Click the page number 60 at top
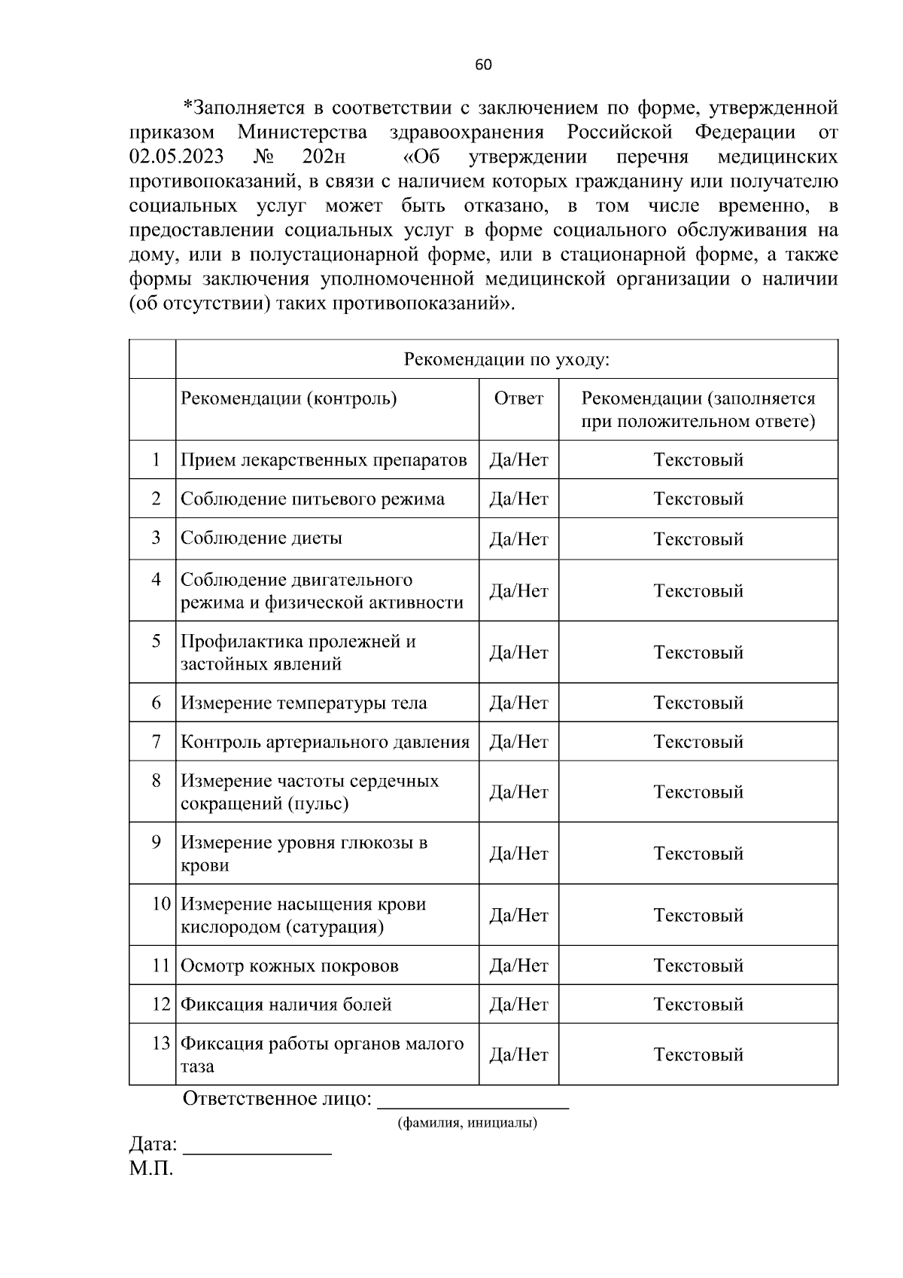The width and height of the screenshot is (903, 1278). pos(483,65)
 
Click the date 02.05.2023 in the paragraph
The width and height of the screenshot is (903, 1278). pos(176,157)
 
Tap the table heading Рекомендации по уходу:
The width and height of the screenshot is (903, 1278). pos(506,359)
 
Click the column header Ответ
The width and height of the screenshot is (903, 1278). pos(518,398)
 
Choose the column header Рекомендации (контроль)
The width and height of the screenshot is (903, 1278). pos(289,398)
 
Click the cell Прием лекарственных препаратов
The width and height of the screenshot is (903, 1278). pos(324,460)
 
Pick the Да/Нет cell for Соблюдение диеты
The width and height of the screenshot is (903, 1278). pos(518,539)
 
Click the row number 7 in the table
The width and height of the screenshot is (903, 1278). pos(156,742)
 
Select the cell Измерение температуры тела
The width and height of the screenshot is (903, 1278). pos(303,703)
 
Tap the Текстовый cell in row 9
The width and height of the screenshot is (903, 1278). pos(698,854)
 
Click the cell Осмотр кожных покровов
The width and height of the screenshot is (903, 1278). pos(289,966)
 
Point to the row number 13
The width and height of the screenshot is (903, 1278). pos(160,1044)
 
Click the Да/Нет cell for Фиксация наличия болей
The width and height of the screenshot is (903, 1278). pos(518,1005)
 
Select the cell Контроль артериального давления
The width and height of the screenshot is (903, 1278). pos(324,743)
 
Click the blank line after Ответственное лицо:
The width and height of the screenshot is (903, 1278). pos(472,1102)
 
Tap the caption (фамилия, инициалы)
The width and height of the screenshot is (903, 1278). pos(467,1124)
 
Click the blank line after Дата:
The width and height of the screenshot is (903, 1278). pos(257,1148)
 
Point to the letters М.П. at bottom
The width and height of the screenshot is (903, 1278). pos(151,1170)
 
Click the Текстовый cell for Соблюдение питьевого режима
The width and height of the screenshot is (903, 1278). pos(698,499)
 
